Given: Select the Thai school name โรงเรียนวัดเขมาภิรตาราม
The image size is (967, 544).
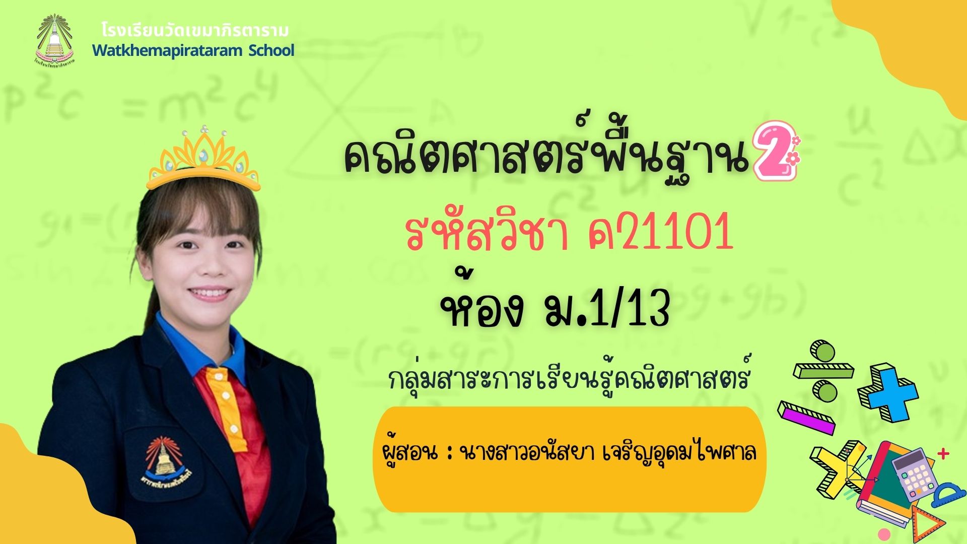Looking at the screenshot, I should click(x=195, y=31).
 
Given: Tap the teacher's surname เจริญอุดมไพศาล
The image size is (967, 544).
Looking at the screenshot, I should click(x=672, y=452).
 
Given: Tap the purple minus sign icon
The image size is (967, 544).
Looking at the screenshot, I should click(x=806, y=418).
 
